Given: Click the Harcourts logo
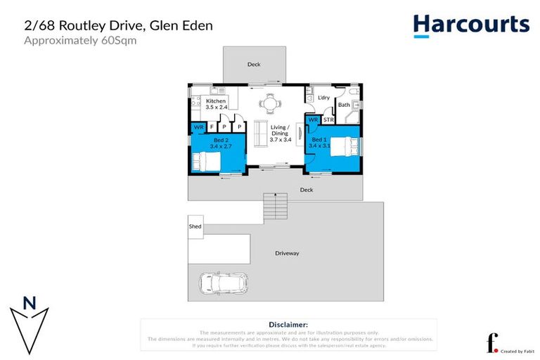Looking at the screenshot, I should tap(470, 25).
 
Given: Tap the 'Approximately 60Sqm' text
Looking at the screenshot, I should tap(80, 41).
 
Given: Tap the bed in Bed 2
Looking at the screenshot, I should tap(206, 162).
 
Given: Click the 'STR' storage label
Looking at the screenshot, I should tap(328, 120).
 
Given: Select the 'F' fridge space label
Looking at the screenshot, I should tap(212, 127).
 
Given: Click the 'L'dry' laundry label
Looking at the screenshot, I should tap(323, 98).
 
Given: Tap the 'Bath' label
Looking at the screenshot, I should tap(344, 105).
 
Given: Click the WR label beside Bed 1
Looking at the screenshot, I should tap(313, 120).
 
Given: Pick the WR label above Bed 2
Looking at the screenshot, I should tap(198, 127).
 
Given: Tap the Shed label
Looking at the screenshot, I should tap(195, 226).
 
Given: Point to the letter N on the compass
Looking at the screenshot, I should tap(30, 304).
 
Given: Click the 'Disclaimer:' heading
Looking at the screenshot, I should tap(288, 325).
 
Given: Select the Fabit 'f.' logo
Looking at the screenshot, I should tap(493, 342).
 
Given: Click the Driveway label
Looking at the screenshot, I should tap(287, 253).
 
